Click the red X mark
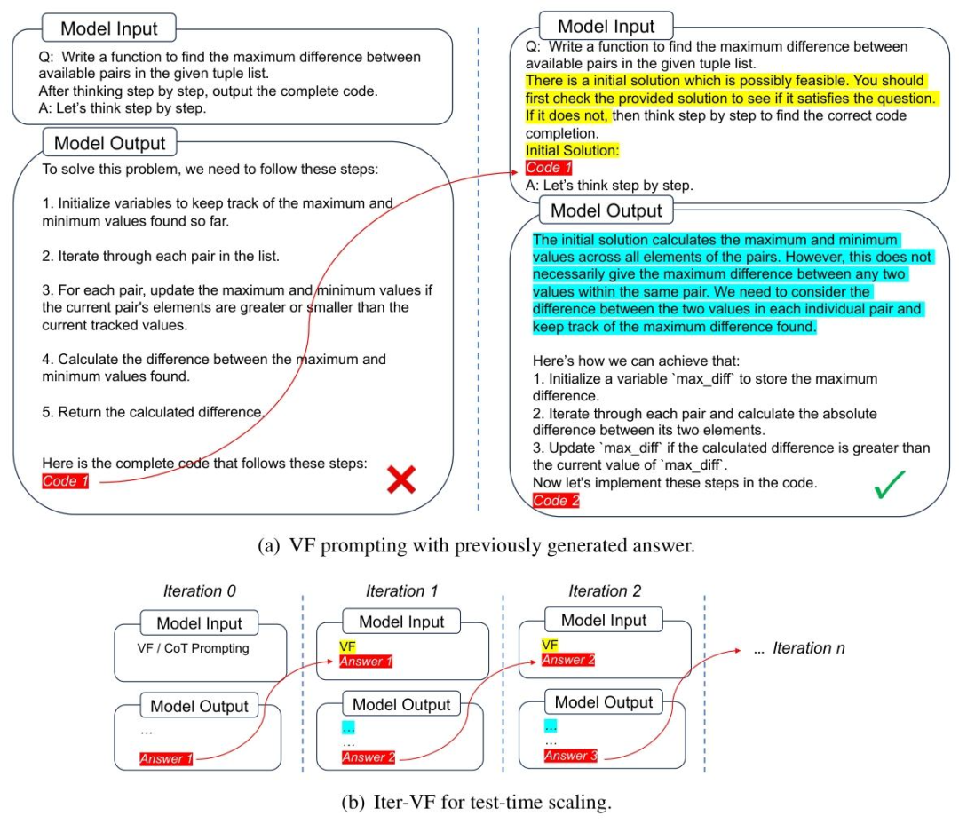click(x=401, y=480)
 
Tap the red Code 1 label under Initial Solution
click(x=549, y=168)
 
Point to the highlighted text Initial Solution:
click(x=572, y=151)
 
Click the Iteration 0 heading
click(x=200, y=591)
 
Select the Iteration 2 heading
click(x=605, y=591)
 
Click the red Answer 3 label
click(x=570, y=756)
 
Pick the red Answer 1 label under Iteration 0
click(x=166, y=758)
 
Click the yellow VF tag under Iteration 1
click(x=348, y=646)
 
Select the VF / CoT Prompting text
click(x=193, y=648)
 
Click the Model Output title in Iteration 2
click(x=604, y=702)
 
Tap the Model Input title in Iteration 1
click(x=402, y=622)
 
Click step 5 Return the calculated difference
click(x=154, y=412)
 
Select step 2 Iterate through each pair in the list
click(x=161, y=257)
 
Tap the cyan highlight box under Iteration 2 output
click(x=551, y=725)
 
